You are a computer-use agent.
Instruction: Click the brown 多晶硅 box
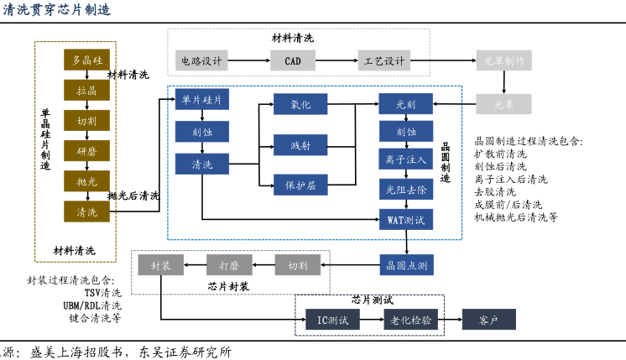[x=87, y=60]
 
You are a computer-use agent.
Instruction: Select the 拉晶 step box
[x=87, y=90]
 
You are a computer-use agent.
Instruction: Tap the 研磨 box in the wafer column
[x=87, y=151]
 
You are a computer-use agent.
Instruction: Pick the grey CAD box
[x=293, y=61]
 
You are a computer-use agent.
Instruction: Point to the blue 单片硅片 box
[x=202, y=101]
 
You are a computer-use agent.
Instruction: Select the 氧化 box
[x=300, y=104]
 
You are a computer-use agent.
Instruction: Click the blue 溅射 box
[x=300, y=146]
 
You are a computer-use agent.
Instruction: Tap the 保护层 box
[x=300, y=184]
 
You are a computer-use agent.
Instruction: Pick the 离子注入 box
[x=407, y=158]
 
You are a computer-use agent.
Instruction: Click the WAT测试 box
[x=407, y=220]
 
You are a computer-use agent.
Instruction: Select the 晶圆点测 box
[x=407, y=267]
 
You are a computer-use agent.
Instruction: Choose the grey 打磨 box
[x=230, y=266]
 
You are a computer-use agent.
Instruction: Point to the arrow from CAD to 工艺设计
[x=335, y=61]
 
